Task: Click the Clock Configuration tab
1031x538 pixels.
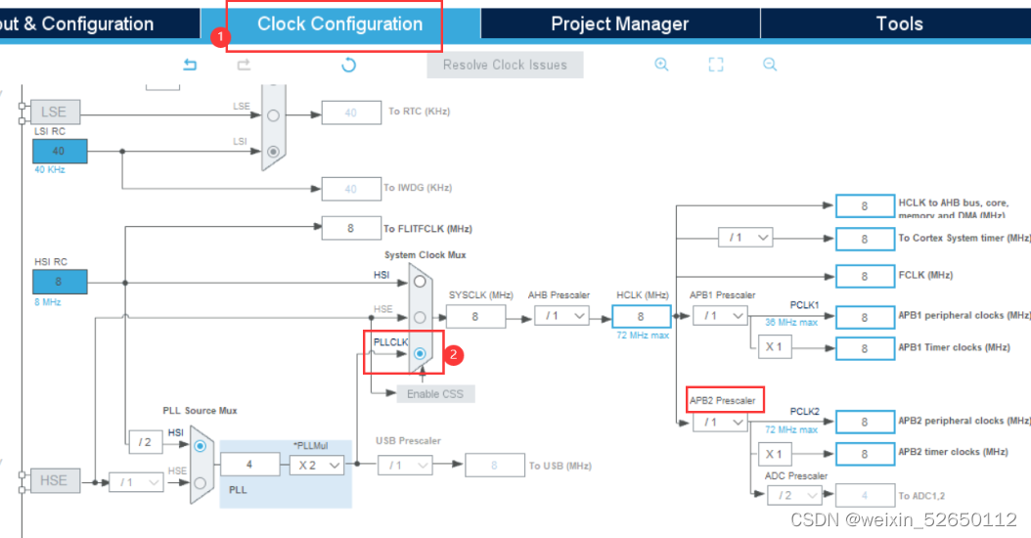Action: click(339, 24)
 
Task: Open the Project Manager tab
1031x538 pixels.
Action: click(619, 24)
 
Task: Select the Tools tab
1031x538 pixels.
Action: click(899, 24)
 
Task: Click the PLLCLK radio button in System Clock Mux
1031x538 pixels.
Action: click(420, 353)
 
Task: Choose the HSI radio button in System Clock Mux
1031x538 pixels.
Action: click(420, 281)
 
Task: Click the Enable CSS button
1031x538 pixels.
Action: click(434, 393)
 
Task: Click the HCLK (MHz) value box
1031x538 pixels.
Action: click(641, 316)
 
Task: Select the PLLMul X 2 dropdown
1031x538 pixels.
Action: click(317, 466)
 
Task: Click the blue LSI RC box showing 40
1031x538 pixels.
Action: click(60, 151)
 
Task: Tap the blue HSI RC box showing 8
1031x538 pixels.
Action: click(60, 282)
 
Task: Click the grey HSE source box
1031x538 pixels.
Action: click(54, 480)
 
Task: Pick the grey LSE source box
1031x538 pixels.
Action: click(54, 112)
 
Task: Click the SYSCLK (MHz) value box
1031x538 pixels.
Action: click(475, 316)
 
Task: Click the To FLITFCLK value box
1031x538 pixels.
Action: click(350, 228)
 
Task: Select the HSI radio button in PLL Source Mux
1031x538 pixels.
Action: click(201, 445)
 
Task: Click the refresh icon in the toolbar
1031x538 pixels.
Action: click(348, 65)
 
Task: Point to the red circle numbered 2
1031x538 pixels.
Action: click(453, 355)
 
